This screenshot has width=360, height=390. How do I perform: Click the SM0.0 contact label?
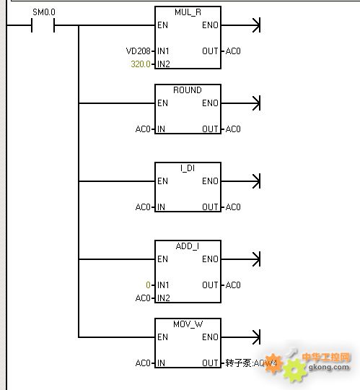pyautogui.click(x=44, y=12)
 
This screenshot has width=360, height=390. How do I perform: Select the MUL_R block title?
pyautogui.click(x=188, y=12)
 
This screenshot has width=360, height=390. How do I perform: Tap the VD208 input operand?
pyautogui.click(x=138, y=51)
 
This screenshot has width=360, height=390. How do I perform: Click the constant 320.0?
pyautogui.click(x=141, y=64)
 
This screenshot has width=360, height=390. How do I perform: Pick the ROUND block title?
pyautogui.click(x=188, y=90)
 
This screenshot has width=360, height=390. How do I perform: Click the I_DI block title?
pyautogui.click(x=188, y=168)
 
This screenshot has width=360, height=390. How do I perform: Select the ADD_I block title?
pyautogui.click(x=188, y=246)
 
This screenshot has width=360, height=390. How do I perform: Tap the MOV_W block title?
pyautogui.click(x=188, y=324)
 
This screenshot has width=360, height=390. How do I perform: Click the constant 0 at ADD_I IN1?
pyautogui.click(x=148, y=285)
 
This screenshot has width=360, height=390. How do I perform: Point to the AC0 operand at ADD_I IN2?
pyautogui.click(x=143, y=298)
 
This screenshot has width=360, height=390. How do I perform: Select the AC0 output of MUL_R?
pyautogui.click(x=233, y=51)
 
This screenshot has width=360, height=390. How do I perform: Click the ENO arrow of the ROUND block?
pyautogui.click(x=240, y=103)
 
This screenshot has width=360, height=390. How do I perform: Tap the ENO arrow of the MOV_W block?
pyautogui.click(x=240, y=337)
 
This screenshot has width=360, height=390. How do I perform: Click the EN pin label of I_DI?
pyautogui.click(x=162, y=181)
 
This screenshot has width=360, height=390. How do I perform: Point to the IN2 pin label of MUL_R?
pyautogui.click(x=164, y=64)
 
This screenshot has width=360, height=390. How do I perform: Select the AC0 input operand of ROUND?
pyautogui.click(x=143, y=129)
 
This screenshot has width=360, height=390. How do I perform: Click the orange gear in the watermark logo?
pyautogui.click(x=273, y=363)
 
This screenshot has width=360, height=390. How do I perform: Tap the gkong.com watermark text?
pyautogui.click(x=328, y=367)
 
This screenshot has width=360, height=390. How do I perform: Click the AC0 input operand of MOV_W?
pyautogui.click(x=143, y=363)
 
